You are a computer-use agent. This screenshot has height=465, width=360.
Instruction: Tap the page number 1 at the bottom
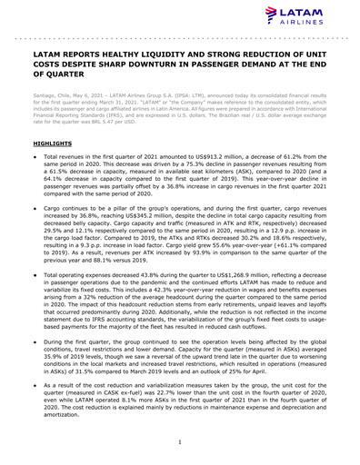pyautogui.click(x=180, y=441)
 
